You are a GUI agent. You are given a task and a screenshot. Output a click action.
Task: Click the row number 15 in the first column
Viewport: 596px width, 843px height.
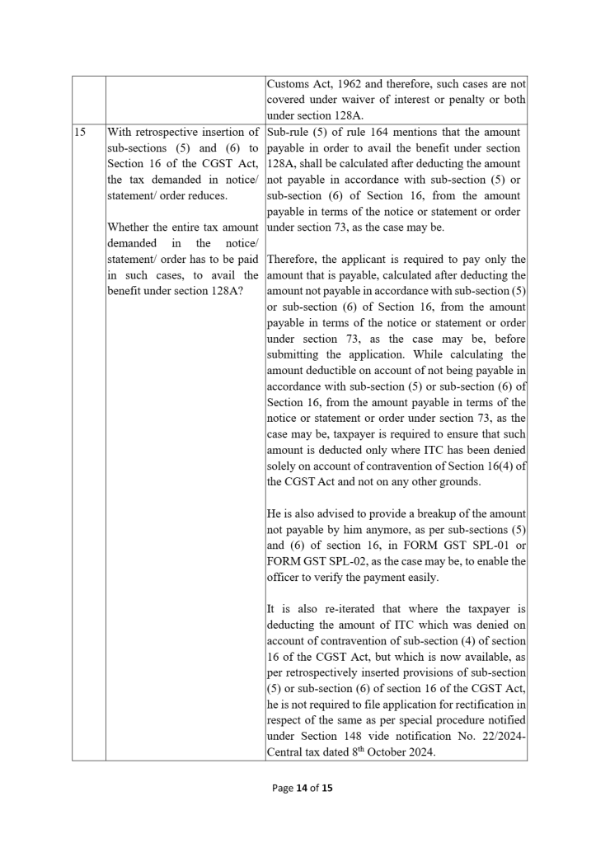coord(80,133)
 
